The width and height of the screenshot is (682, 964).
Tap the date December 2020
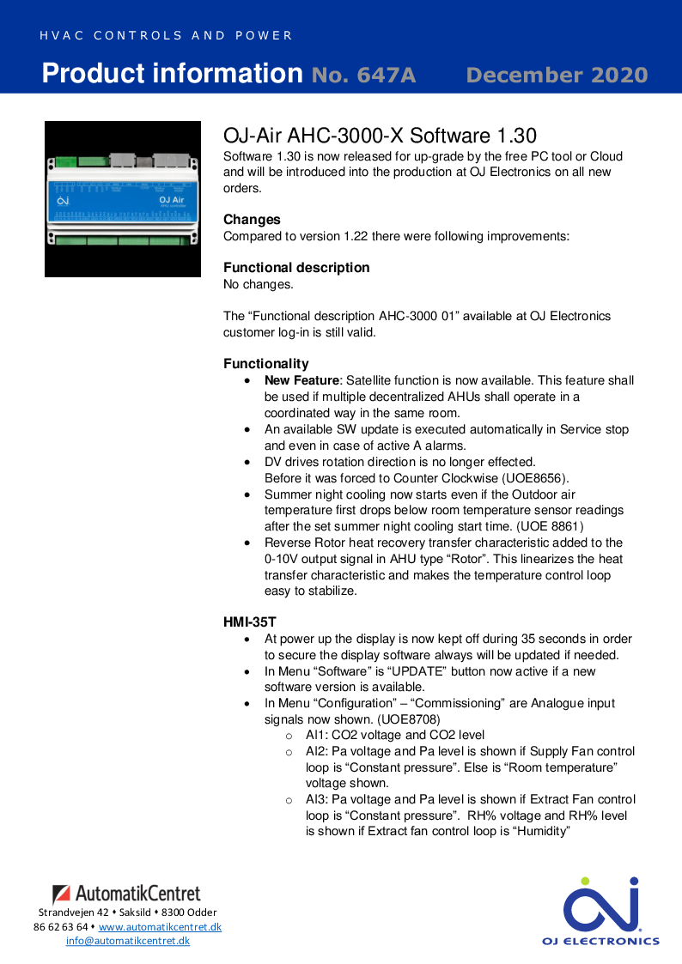click(557, 76)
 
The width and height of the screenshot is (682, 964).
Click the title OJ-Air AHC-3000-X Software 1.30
click(380, 136)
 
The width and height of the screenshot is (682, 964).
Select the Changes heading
click(252, 220)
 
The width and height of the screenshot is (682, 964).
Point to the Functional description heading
click(296, 268)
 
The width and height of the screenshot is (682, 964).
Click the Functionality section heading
click(266, 364)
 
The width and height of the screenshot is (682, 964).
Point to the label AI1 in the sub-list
click(316, 735)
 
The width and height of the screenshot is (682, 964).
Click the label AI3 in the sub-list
click(316, 799)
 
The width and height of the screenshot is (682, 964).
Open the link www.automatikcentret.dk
click(160, 927)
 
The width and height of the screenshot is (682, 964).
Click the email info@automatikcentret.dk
click(128, 941)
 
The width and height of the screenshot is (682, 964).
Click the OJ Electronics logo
click(600, 910)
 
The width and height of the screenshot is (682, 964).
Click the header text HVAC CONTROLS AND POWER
click(166, 36)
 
